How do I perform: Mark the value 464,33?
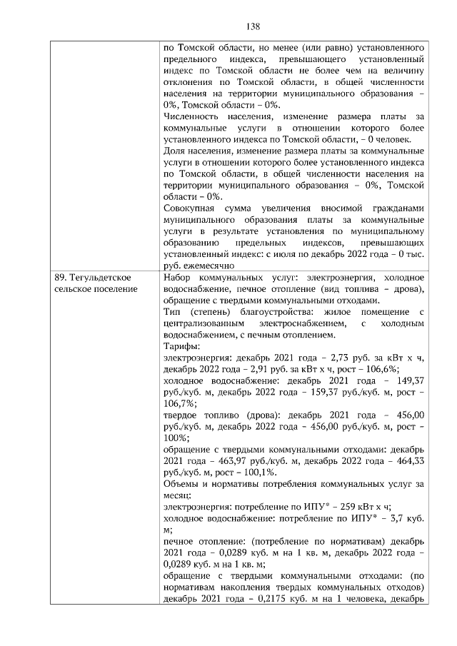(411, 462)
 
